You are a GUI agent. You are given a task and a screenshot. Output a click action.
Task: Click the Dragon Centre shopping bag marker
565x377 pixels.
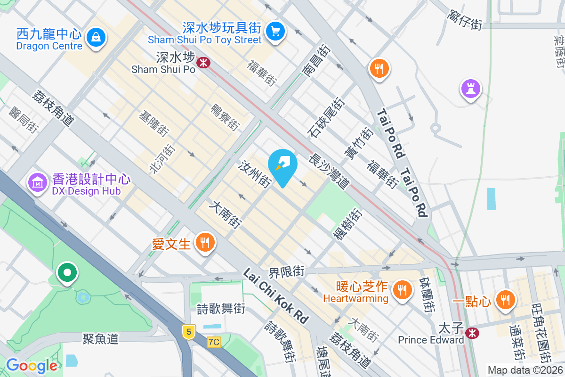point(96,36)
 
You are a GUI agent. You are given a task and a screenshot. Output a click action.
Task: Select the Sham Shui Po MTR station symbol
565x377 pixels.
point(203,62)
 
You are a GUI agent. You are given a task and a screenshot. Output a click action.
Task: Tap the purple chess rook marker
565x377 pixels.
point(470,88)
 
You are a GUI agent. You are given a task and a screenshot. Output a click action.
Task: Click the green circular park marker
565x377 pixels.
point(67,272)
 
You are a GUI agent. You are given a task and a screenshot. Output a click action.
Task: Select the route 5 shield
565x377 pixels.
point(189,332)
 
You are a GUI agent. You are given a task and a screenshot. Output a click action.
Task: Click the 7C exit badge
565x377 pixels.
point(213,342)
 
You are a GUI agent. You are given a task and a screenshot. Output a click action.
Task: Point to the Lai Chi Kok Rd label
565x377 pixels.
point(276,296)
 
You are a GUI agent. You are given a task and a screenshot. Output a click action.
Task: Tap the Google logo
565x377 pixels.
point(32,366)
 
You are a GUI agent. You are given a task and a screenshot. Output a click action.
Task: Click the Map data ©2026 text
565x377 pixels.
point(525,370)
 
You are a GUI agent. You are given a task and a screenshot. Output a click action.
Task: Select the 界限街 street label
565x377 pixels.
point(287,271)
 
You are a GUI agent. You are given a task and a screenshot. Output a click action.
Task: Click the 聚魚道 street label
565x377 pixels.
point(100,338)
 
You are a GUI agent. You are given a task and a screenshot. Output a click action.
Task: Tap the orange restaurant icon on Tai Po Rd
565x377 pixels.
point(379,69)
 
